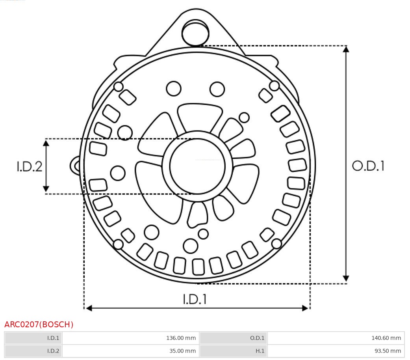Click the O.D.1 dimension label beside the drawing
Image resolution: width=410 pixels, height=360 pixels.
[368, 166]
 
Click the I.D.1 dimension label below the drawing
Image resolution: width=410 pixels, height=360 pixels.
[195, 299]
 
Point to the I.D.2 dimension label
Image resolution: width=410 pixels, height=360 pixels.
[29, 166]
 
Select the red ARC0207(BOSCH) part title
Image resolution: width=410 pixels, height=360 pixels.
[39, 325]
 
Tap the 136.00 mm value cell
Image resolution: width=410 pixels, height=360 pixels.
[130, 338]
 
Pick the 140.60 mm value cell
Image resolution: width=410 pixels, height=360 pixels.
[336, 338]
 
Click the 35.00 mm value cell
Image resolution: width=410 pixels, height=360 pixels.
[130, 351]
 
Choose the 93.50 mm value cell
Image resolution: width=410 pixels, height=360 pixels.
[336, 351]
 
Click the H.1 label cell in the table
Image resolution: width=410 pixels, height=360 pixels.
[234, 351]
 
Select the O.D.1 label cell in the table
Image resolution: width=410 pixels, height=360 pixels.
[234, 338]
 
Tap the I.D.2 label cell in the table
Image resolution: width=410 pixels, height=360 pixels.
[33, 351]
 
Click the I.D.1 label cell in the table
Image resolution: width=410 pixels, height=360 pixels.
[33, 338]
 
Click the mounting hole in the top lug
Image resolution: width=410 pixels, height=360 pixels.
[195, 33]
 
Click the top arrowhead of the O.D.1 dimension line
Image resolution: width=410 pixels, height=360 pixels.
[346, 49]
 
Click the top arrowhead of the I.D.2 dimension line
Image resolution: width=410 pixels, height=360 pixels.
[46, 143]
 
